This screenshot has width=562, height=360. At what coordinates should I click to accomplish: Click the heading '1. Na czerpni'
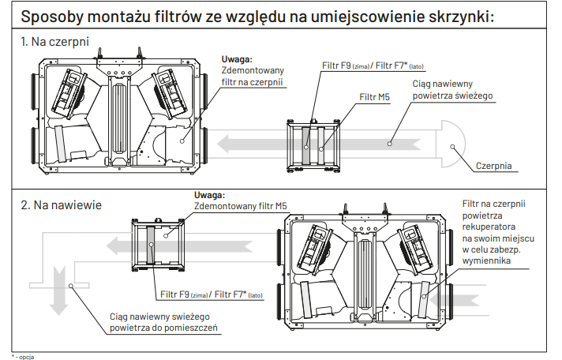click(x=54, y=39)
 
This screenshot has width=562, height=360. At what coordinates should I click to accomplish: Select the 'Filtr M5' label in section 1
click(x=375, y=96)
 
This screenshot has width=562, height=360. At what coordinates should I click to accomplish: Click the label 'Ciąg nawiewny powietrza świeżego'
click(x=452, y=88)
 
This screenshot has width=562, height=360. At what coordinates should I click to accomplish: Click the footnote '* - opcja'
click(x=23, y=356)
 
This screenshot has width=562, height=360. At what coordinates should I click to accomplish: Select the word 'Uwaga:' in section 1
click(x=238, y=58)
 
